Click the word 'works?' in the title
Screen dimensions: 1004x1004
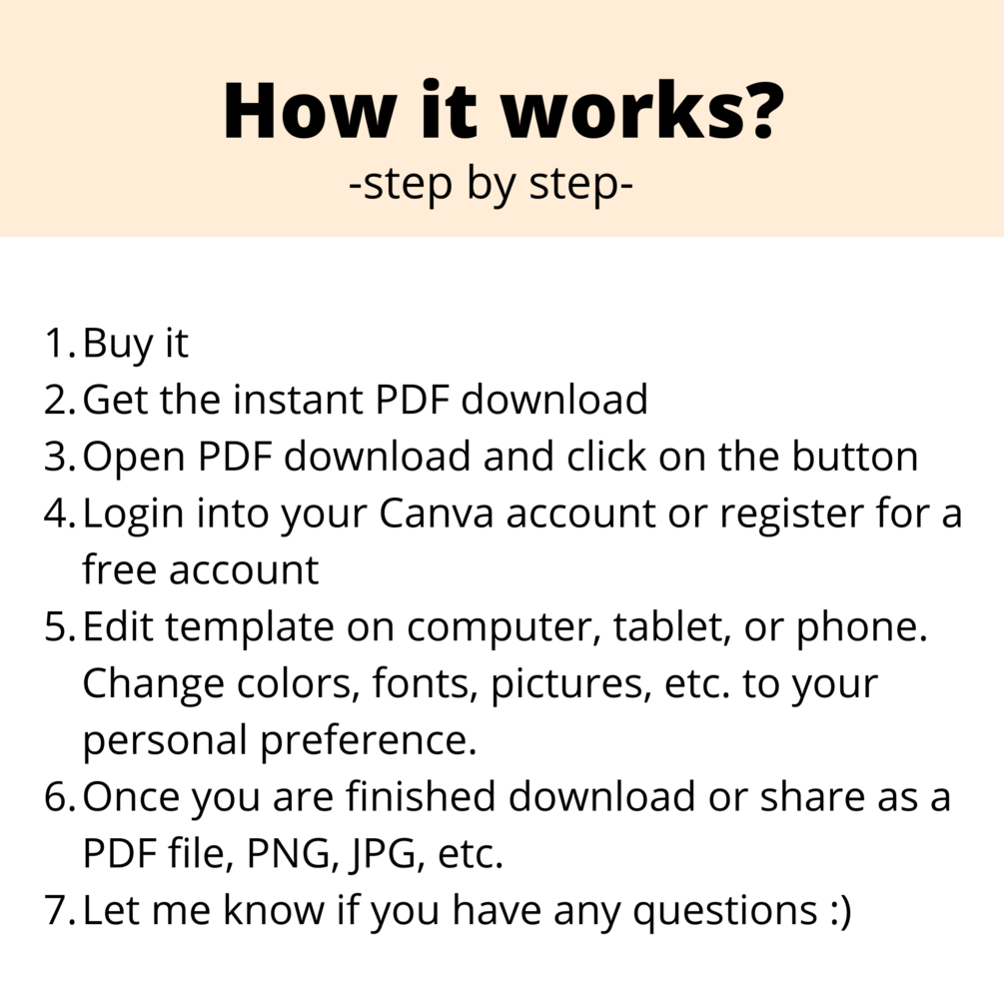click(642, 110)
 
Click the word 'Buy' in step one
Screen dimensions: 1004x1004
click(118, 345)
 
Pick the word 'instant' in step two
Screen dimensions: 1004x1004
click(297, 400)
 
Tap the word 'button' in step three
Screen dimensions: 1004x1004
click(854, 456)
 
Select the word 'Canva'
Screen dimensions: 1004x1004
click(436, 512)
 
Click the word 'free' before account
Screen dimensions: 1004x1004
click(119, 569)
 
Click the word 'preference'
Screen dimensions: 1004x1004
click(369, 741)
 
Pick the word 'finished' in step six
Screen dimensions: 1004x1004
click(421, 796)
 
